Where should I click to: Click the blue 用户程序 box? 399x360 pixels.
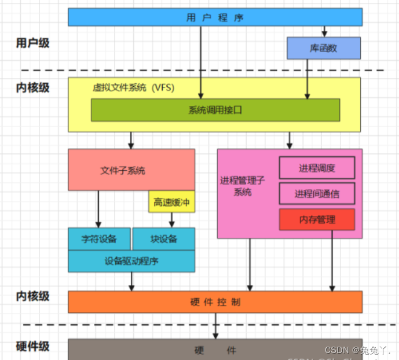(x=215, y=17)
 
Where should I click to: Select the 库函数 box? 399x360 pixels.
(x=324, y=49)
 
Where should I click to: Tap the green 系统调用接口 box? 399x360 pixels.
(x=215, y=110)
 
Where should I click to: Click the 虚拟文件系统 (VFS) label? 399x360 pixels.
(x=134, y=88)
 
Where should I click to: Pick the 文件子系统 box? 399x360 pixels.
(x=123, y=170)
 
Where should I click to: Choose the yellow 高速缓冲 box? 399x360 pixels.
(x=171, y=203)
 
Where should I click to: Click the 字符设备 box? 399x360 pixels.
(x=100, y=239)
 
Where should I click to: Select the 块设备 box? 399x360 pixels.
(x=163, y=239)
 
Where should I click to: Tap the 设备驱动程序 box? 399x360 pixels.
(x=131, y=261)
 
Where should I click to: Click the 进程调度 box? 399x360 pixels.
(x=317, y=168)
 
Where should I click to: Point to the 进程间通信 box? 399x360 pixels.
(x=317, y=193)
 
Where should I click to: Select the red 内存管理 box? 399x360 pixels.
(x=317, y=219)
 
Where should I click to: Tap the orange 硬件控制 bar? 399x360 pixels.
(x=215, y=302)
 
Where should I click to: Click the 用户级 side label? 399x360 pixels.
(x=33, y=43)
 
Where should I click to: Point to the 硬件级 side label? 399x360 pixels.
(x=33, y=346)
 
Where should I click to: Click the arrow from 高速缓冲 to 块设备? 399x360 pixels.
(x=171, y=220)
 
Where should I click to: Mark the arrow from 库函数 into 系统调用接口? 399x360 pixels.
(x=308, y=79)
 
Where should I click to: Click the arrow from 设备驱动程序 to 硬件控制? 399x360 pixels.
(x=132, y=281)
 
